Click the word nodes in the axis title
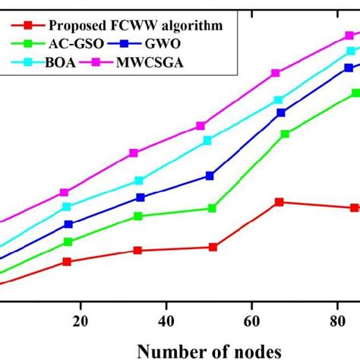(x=257, y=351)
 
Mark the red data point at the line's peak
(x=279, y=202)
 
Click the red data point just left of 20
(x=67, y=261)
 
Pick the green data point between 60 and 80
(x=285, y=134)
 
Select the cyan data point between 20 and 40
(x=139, y=181)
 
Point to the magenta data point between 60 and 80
(x=276, y=73)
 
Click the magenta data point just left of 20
(x=65, y=192)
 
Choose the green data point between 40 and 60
(x=213, y=208)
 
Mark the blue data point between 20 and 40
(x=141, y=197)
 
